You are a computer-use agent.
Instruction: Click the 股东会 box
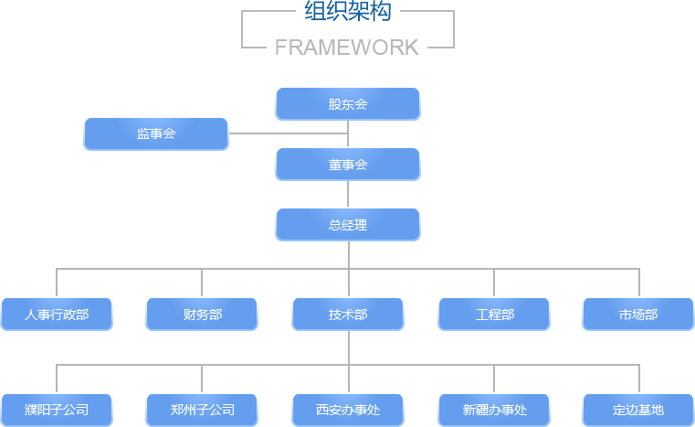347,103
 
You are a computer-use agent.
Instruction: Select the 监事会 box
155,133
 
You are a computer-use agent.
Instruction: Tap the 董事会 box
347,164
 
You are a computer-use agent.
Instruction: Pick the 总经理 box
347,224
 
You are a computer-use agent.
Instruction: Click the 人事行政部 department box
57,314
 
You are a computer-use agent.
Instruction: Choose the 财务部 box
202,314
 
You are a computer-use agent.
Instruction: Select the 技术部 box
348,314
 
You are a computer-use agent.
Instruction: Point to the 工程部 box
494,314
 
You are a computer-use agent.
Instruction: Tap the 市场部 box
638,314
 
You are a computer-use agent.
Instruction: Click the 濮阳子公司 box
57,410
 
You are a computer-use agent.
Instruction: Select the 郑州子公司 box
202,410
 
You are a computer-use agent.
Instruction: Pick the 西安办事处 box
348,410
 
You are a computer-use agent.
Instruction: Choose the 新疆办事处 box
494,410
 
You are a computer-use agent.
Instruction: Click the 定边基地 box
638,410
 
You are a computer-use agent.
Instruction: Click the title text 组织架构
347,13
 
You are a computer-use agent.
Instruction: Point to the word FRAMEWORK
347,48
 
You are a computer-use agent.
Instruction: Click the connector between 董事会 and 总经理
348,194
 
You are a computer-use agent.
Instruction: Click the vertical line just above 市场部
639,283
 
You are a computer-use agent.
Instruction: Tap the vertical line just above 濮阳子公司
57,379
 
